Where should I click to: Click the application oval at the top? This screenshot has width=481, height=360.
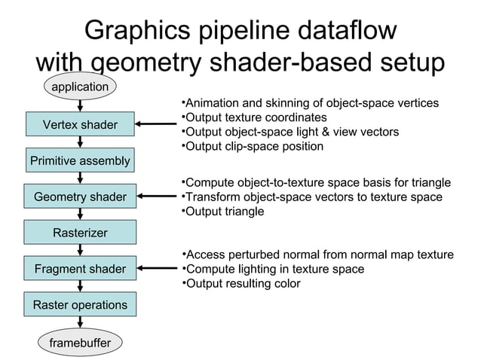coord(79,87)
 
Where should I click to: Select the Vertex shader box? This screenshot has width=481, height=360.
coord(79,124)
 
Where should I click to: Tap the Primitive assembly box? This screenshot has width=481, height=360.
coord(79,160)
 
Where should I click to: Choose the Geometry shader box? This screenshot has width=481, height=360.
coord(80,197)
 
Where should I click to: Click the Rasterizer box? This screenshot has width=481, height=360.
coord(80,233)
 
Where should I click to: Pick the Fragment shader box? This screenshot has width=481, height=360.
coord(80,269)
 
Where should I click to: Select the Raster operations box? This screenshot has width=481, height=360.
coord(80,305)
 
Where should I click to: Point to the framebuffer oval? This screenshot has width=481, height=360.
coord(80,343)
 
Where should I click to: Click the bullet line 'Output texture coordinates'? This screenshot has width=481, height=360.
coord(255,117)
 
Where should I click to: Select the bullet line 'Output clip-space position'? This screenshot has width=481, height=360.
coord(253,146)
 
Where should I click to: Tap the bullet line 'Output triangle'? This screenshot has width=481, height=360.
coord(223,212)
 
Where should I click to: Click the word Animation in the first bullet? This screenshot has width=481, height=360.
coord(212,103)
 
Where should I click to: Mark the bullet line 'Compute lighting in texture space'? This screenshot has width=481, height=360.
coord(274,270)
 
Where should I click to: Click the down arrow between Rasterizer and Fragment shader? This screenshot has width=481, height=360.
coord(80,251)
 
